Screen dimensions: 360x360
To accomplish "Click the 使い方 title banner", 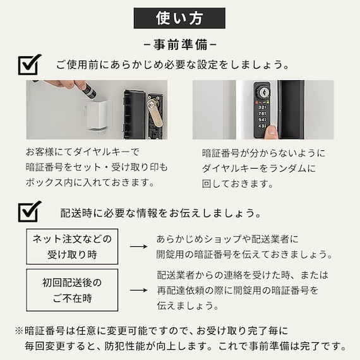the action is point(179,18).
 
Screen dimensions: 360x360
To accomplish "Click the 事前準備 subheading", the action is point(180,45).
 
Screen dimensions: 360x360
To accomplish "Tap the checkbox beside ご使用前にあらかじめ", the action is point(30,65).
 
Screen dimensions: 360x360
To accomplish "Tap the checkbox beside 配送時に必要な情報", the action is point(30,212).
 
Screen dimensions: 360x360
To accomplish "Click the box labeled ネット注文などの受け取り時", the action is point(72,246).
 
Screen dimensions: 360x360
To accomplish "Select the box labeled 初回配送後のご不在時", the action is point(72,290).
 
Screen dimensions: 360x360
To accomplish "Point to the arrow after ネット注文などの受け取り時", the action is point(138,246).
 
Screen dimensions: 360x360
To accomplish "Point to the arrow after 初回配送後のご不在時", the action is point(138,290).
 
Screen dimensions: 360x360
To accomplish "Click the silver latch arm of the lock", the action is point(155,112).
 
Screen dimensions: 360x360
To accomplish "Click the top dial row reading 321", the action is point(262,107).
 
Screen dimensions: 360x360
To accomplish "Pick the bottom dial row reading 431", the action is point(262,126).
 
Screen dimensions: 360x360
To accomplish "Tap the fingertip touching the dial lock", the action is point(272,131).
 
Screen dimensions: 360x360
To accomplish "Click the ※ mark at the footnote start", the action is point(20,331).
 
